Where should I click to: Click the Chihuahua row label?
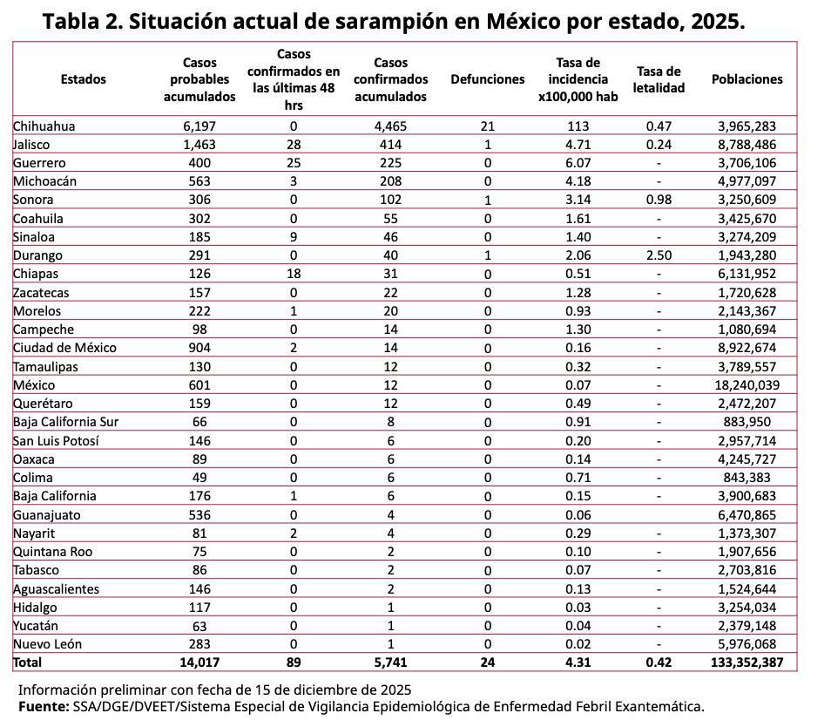(x=44, y=126)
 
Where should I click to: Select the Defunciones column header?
(x=487, y=79)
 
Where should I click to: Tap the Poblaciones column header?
(x=747, y=79)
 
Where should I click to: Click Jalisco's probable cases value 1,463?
(x=199, y=145)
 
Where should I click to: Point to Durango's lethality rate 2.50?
(x=659, y=255)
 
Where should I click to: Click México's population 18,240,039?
(x=747, y=384)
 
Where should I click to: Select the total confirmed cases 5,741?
(x=390, y=662)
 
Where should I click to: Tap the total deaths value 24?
(x=487, y=662)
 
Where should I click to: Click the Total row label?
(x=27, y=662)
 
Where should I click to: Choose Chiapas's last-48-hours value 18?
(x=294, y=274)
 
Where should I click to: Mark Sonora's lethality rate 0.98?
(x=659, y=200)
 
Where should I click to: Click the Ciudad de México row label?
(x=64, y=348)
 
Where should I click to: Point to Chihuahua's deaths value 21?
(x=487, y=126)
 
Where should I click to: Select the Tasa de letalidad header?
(x=659, y=79)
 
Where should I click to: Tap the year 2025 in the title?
(x=715, y=21)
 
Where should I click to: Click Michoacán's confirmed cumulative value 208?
(x=390, y=181)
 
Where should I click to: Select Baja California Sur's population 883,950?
(x=747, y=422)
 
